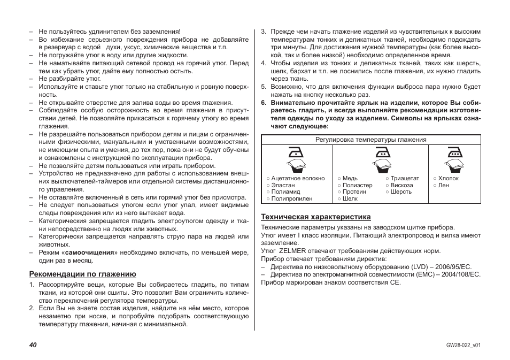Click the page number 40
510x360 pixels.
pos(33,345)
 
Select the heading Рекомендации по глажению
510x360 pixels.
pos(82,274)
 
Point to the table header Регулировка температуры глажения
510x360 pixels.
pos(370,140)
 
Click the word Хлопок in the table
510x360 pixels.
pos(449,179)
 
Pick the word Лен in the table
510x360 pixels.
pos(444,186)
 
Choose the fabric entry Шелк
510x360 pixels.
pos(350,198)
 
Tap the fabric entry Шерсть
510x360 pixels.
pos(401,192)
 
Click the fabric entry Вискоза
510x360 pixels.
pos(401,186)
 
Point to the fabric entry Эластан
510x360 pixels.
pos(283,186)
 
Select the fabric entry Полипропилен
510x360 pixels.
pos(291,198)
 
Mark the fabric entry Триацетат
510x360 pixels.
pos(405,179)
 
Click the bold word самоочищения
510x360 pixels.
pos(90,252)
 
